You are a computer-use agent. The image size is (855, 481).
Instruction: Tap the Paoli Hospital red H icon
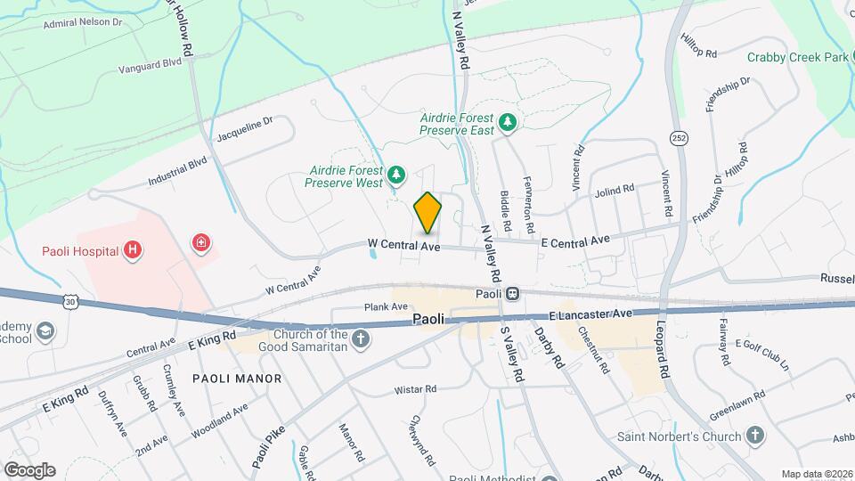[x=133, y=250]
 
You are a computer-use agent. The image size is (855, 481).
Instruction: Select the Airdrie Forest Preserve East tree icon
[x=507, y=122]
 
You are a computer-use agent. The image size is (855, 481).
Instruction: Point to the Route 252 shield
[x=678, y=138]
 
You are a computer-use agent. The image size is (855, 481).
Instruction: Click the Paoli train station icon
[x=513, y=294]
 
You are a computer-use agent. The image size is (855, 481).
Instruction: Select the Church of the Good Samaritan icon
[x=361, y=338]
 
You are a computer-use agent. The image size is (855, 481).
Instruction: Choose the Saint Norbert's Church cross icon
[x=755, y=436]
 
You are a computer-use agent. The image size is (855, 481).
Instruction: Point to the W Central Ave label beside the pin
[x=405, y=244]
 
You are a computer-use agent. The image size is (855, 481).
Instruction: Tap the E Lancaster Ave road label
[x=590, y=314]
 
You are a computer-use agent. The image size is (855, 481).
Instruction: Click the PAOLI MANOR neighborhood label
[x=237, y=379]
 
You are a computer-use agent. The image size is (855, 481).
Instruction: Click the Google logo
[x=28, y=470]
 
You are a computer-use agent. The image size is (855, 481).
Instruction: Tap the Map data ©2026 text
[x=816, y=474]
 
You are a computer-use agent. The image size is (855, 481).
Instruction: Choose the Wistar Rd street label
[x=416, y=389]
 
